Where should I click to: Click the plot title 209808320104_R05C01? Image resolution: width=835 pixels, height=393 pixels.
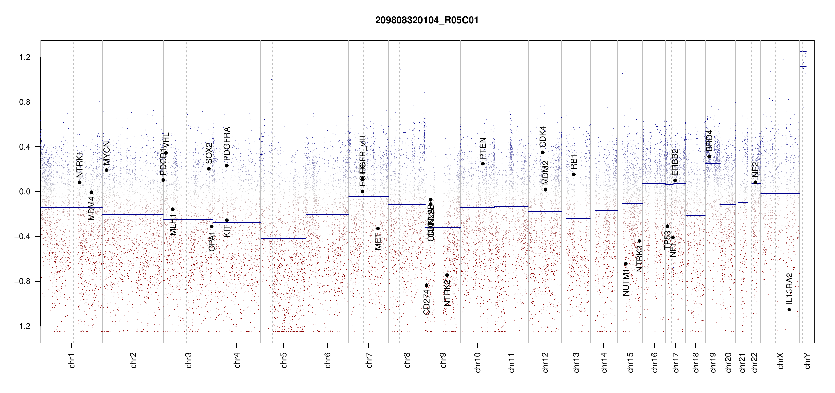click(x=427, y=20)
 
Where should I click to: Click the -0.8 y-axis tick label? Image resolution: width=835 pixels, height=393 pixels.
click(x=22, y=281)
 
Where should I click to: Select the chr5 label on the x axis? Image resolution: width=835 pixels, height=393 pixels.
click(x=284, y=360)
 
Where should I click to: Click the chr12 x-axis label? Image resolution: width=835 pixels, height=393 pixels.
click(x=545, y=362)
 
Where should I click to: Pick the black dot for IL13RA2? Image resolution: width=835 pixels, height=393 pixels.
click(x=789, y=309)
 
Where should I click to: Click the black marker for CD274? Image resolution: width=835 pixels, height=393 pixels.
click(x=426, y=285)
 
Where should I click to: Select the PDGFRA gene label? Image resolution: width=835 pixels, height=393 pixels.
click(x=227, y=143)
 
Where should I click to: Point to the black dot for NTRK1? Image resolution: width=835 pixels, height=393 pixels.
click(x=79, y=182)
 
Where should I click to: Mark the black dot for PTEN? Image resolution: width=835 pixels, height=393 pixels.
click(x=483, y=164)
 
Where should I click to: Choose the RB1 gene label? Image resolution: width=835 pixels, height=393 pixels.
click(x=574, y=162)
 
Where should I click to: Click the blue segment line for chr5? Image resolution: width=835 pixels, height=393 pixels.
click(x=284, y=238)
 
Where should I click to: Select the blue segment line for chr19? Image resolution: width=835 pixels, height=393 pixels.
click(x=713, y=163)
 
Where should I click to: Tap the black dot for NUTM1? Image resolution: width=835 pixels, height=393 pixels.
click(x=626, y=264)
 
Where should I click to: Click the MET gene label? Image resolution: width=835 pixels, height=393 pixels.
click(x=378, y=242)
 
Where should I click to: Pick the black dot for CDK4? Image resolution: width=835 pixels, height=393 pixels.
click(x=543, y=152)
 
